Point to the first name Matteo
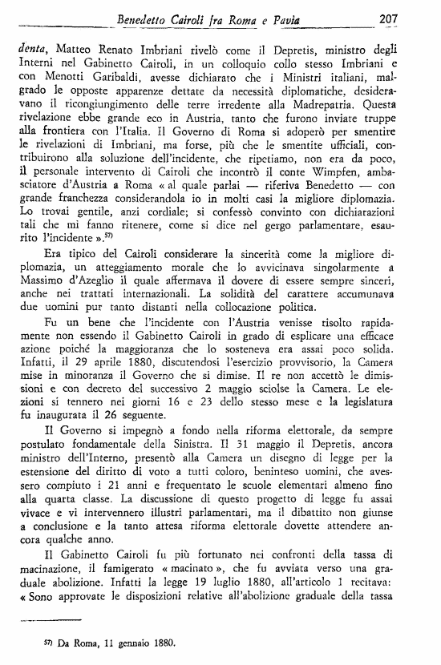tap(77, 48)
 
